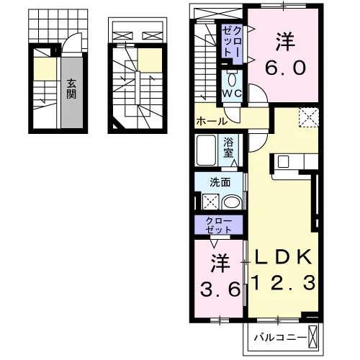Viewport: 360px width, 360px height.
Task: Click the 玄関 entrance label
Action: click(71, 89)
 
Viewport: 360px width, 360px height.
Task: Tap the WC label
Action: click(232, 94)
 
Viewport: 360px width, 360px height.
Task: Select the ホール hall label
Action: click(212, 122)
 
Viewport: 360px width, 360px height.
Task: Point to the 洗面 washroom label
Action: click(220, 182)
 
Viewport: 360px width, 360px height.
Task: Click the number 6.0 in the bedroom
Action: click(285, 68)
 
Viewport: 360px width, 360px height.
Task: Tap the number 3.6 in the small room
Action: click(220, 289)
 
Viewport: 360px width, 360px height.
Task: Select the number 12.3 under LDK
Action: click(283, 283)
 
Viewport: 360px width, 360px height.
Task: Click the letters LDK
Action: click(283, 257)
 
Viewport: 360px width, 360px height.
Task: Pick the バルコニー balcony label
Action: click(281, 338)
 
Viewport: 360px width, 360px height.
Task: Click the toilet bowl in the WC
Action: click(231, 79)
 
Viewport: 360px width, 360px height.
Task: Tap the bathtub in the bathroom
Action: click(206, 150)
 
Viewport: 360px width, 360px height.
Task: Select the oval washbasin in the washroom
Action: click(232, 203)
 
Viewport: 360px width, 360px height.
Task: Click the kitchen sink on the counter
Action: click(283, 161)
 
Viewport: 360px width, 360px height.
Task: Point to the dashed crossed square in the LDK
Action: click(309, 117)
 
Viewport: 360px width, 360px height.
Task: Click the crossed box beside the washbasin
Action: click(211, 202)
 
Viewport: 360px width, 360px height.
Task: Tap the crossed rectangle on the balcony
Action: click(312, 338)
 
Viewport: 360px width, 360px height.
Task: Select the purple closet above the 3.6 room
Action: click(218, 225)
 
